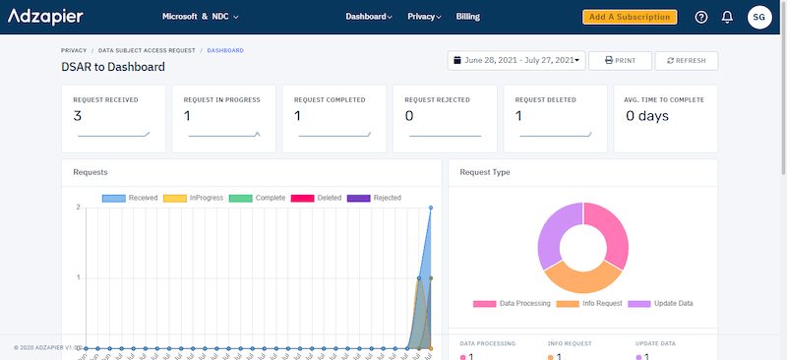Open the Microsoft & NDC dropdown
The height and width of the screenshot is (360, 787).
200,17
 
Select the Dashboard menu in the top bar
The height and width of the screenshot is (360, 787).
369,17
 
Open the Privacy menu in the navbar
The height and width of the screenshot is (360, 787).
424,17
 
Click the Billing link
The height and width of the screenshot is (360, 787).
468,17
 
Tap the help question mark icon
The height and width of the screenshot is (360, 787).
701,17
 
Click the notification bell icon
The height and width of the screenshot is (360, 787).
727,17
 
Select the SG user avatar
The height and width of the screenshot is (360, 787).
759,17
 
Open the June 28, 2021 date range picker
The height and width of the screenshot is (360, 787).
516,60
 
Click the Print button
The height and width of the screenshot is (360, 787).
620,60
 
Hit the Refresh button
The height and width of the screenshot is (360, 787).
686,60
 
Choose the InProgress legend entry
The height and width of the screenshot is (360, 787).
191,198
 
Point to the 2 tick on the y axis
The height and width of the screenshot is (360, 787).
78,208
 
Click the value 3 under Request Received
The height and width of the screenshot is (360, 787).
78,116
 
